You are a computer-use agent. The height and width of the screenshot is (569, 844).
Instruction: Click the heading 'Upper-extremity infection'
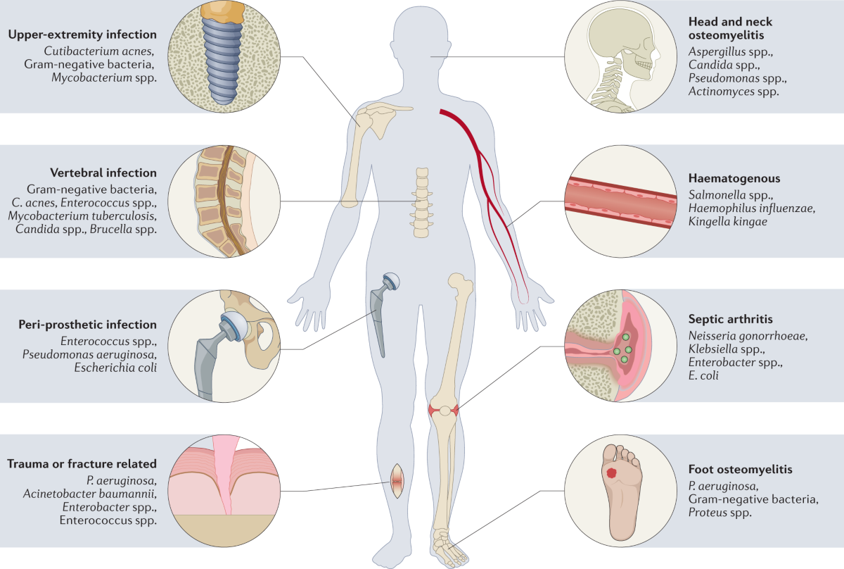83,35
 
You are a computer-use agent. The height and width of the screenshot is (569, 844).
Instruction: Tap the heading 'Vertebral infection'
103,173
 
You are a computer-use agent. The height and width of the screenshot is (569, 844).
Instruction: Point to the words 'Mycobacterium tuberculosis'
82,216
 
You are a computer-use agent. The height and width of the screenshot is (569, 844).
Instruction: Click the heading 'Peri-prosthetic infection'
88,325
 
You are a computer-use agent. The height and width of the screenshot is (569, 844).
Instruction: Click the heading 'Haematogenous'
729,179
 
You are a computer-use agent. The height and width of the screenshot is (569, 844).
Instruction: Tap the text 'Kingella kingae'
728,222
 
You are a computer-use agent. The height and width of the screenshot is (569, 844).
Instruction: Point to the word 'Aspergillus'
717,52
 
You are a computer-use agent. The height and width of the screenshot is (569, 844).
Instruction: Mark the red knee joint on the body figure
443,410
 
